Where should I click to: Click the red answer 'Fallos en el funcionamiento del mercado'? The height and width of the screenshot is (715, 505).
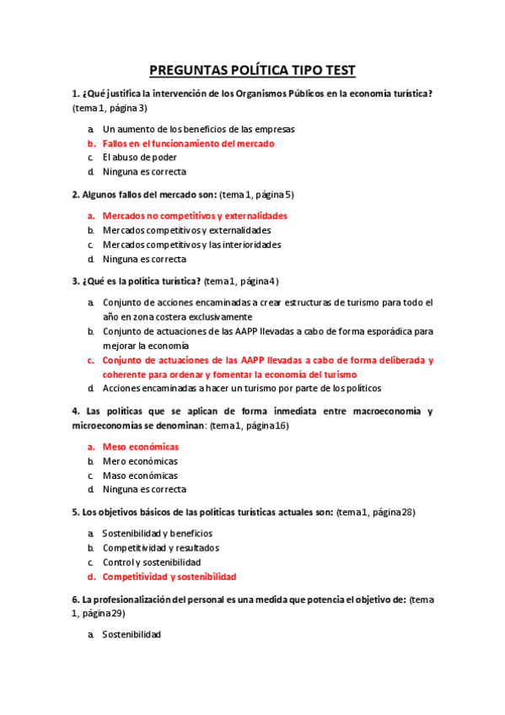click(188, 143)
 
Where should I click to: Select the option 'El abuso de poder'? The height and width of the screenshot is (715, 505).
click(139, 158)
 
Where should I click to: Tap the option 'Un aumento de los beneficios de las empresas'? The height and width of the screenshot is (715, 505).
click(198, 129)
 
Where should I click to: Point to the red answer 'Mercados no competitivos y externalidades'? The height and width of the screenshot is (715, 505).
click(195, 216)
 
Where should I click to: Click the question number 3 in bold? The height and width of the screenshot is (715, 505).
click(76, 281)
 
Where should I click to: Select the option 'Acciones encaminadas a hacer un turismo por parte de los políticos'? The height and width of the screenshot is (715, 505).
click(242, 388)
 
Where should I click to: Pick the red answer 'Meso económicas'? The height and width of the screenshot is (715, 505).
click(140, 447)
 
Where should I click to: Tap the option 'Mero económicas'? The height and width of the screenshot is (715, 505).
click(140, 461)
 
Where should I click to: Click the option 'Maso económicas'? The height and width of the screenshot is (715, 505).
click(140, 476)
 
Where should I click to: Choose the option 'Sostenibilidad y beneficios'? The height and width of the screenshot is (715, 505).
click(157, 534)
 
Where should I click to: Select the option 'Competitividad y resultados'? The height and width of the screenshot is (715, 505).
click(160, 548)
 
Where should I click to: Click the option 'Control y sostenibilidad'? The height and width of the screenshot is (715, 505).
click(151, 562)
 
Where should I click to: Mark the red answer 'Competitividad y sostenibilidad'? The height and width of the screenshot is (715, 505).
click(169, 577)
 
